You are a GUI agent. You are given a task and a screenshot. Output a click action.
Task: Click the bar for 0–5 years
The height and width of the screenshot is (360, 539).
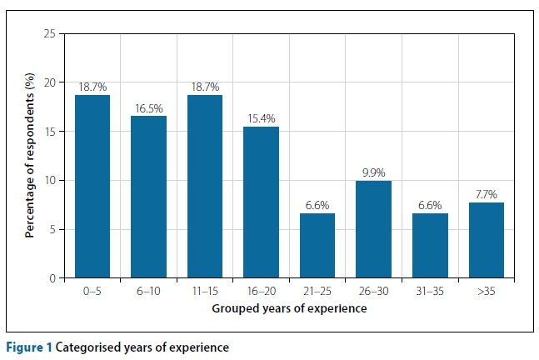(92, 187)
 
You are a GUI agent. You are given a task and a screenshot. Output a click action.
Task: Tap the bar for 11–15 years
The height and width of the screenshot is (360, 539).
(204, 187)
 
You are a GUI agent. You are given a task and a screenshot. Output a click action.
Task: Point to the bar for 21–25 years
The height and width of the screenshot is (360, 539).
(317, 246)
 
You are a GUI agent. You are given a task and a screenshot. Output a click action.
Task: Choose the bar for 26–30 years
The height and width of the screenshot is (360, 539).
(373, 229)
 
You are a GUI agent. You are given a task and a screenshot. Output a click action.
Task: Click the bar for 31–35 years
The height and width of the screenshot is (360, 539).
(429, 246)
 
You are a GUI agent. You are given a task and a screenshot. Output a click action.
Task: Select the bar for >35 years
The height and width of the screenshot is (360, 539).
(486, 240)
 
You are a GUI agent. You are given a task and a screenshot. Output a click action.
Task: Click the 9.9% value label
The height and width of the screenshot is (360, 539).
(374, 172)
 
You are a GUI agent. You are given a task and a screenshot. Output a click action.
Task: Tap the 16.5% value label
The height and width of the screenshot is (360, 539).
(148, 107)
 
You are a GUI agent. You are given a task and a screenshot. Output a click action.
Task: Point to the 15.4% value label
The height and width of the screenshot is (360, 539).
(261, 118)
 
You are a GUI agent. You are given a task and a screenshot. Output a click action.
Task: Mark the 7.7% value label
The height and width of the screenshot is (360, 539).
(486, 194)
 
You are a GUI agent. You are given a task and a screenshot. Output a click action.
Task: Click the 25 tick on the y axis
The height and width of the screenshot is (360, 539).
(51, 34)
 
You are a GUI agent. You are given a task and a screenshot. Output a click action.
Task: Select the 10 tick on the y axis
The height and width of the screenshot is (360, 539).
(51, 181)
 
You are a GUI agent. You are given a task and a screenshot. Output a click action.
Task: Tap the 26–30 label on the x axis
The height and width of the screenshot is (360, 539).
(373, 292)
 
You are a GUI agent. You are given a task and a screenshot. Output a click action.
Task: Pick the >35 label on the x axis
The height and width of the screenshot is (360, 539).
(486, 292)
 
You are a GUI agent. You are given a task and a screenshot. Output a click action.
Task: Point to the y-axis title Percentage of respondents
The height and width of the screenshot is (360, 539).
(29, 156)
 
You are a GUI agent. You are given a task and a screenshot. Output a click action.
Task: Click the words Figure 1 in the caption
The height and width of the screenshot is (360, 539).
(27, 347)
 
